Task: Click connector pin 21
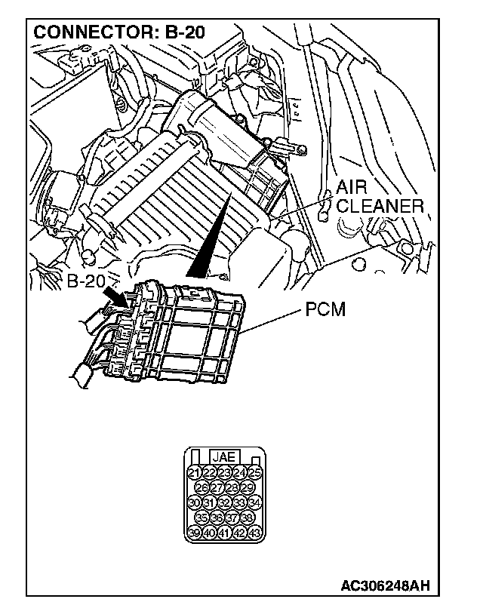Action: (194, 473)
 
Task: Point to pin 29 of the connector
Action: (247, 487)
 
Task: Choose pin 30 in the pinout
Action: (194, 502)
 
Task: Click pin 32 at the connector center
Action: (224, 502)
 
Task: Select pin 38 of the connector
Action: (247, 518)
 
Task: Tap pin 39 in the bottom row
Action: (194, 533)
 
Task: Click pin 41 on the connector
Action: (224, 533)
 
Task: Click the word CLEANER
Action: (380, 206)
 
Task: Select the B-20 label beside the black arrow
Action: (85, 282)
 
